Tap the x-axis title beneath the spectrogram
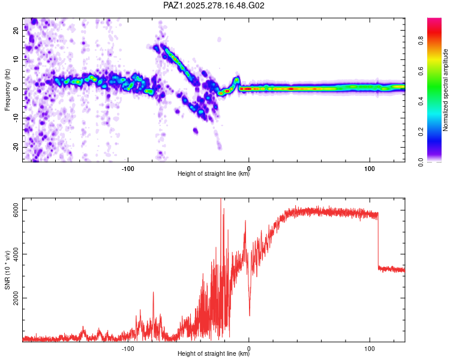(214, 174)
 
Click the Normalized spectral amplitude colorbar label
(445, 90)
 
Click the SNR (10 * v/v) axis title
(8, 270)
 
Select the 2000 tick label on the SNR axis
(17, 298)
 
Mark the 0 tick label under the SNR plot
(249, 348)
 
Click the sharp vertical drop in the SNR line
(378, 243)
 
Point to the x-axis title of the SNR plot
(214, 354)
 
